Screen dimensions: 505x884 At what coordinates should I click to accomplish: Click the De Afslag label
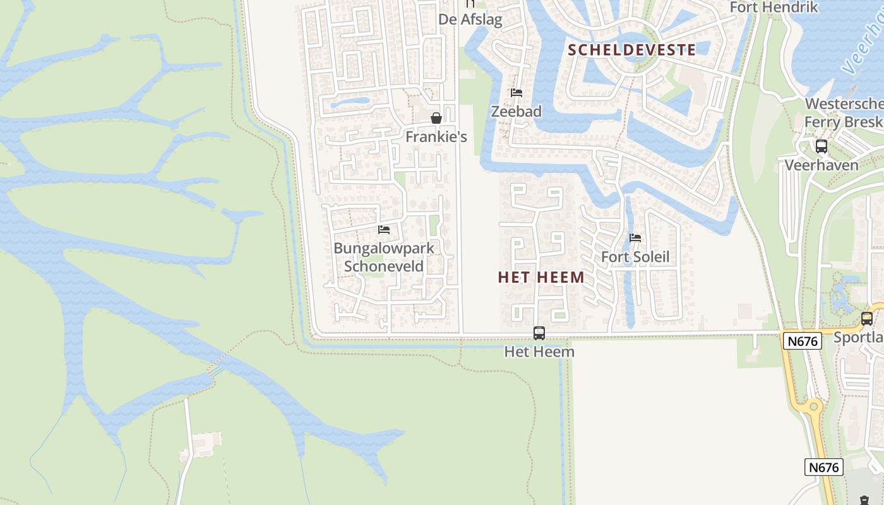click(470, 20)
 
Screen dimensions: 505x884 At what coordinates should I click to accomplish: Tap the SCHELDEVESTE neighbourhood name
click(631, 50)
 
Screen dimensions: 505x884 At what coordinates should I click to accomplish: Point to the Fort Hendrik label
click(773, 8)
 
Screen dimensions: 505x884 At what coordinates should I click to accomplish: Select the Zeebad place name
click(517, 112)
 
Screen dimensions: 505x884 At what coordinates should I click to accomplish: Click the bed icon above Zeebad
click(517, 93)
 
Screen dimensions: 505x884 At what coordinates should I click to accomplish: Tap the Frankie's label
click(436, 136)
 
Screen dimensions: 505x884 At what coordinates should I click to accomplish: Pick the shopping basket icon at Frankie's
click(436, 118)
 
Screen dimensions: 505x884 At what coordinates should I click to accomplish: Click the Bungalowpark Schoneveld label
click(384, 257)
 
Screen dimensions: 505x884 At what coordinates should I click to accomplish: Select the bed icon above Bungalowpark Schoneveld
click(384, 230)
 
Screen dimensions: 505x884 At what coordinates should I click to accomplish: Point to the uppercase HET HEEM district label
click(541, 278)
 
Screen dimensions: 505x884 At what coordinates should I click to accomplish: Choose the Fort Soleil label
click(635, 257)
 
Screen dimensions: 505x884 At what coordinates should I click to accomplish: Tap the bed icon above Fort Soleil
click(635, 238)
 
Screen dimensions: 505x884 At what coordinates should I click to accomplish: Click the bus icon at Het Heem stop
click(539, 333)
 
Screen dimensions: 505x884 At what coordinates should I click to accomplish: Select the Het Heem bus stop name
click(539, 352)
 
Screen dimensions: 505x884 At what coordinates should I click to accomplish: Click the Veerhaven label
click(821, 165)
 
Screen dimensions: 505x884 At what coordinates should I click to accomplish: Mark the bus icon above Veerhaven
click(821, 146)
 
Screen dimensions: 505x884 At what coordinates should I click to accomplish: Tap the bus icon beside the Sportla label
click(867, 318)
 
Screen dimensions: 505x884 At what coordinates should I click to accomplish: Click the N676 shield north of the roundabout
click(803, 342)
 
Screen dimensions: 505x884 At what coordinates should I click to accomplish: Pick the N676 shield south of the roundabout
click(824, 467)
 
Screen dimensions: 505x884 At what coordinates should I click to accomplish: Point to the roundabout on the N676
click(810, 408)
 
